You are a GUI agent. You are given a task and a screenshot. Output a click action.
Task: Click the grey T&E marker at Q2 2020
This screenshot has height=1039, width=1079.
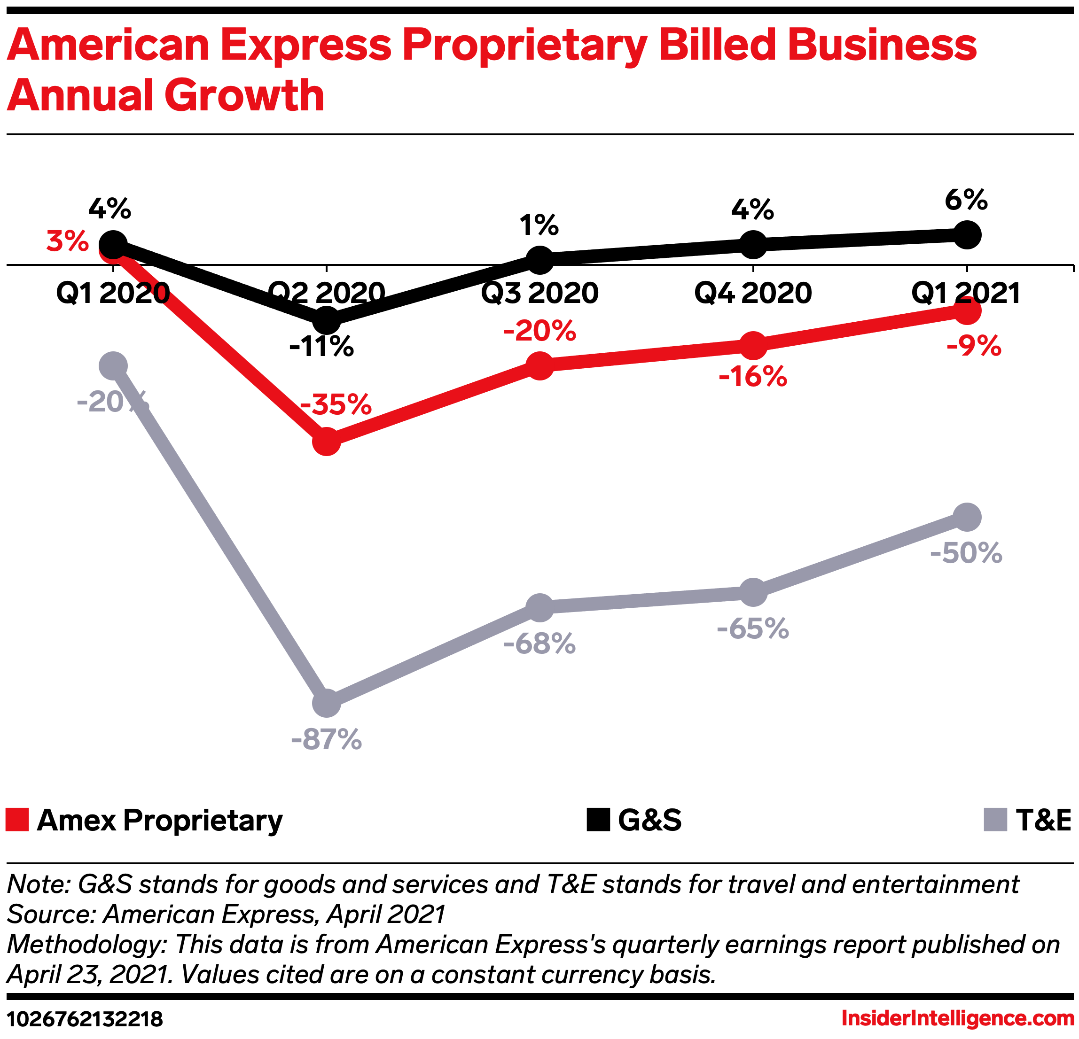327,703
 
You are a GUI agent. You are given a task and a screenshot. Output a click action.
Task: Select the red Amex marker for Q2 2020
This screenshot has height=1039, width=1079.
327,442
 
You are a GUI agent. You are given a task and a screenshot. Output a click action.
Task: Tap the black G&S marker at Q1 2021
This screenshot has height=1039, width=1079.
967,235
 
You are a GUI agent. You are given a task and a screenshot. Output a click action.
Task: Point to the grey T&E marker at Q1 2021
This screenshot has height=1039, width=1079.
967,517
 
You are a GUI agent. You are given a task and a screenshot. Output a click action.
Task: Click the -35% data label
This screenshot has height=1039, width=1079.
336,404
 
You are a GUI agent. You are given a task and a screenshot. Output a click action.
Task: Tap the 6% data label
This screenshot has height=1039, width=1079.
966,199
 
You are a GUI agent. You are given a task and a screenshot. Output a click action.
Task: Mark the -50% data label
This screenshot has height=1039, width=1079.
966,552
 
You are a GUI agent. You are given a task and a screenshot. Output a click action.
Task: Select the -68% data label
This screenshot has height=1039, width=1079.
539,644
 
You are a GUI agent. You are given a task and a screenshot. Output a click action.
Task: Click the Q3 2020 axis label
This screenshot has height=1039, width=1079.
539,293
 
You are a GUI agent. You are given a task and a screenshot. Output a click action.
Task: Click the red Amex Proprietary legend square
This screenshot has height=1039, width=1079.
17,820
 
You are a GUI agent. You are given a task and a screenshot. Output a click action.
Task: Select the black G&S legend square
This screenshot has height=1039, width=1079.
598,820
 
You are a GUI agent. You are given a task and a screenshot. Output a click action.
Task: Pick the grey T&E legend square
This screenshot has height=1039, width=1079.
995,820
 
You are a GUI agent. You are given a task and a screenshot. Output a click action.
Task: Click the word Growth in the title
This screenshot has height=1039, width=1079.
244,95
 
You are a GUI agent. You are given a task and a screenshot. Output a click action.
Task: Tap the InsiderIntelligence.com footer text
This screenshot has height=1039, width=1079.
957,1019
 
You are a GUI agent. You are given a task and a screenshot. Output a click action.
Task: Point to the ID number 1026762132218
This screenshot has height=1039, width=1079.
85,1019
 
